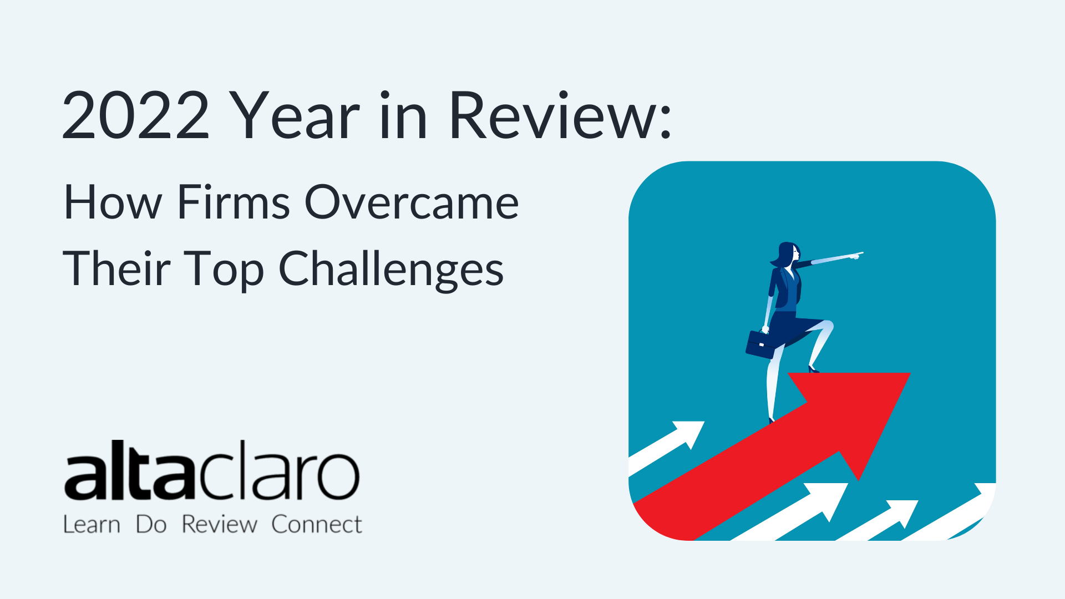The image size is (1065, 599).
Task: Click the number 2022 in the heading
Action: [136, 116]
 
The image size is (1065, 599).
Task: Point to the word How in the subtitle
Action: [113, 202]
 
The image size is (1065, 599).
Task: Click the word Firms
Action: [234, 202]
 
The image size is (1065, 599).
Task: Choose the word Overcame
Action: [412, 202]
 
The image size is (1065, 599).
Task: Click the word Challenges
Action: [391, 270]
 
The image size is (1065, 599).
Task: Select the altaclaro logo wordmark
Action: [212, 470]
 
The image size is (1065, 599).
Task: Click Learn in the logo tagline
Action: [92, 524]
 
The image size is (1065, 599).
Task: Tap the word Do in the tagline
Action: [151, 524]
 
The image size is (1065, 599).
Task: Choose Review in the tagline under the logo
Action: [219, 524]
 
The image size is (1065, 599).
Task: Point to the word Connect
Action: [317, 524]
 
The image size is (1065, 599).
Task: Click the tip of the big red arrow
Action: [910, 373]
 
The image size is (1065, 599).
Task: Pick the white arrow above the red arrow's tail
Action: [666, 446]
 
